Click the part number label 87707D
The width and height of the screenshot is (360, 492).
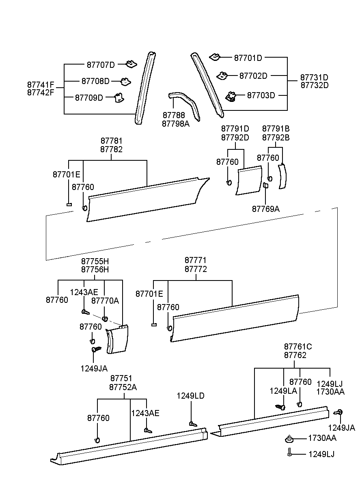point(101,65)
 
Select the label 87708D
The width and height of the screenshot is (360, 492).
point(95,81)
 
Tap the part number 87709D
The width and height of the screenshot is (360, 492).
point(89,97)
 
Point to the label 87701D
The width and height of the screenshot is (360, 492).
point(248,58)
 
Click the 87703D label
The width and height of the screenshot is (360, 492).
point(261,95)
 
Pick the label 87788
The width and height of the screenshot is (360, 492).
point(174,116)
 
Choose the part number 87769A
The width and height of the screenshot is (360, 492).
point(266,209)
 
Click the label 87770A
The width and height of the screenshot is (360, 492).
point(105,300)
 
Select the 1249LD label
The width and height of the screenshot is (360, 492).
point(190,396)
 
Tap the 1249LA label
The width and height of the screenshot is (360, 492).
point(283,391)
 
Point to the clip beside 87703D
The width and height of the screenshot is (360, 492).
point(231,97)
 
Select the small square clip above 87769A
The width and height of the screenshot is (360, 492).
point(265,186)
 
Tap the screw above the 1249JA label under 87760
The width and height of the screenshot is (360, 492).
point(96,349)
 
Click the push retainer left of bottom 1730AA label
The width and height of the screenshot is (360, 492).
point(289,439)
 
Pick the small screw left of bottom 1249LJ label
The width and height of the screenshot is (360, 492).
point(289,453)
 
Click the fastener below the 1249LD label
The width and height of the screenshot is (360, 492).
point(193,424)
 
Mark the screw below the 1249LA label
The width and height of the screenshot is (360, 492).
point(280,406)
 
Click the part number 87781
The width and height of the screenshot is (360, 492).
point(112,141)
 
